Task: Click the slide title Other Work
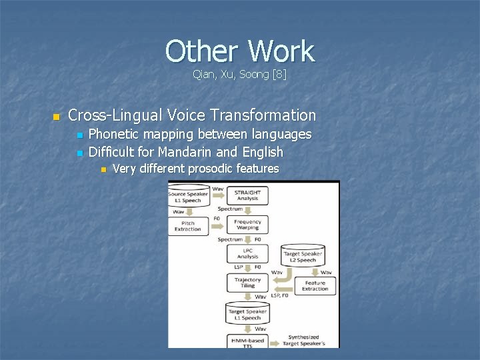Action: tap(239, 51)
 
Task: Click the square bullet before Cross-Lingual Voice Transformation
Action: tap(56, 117)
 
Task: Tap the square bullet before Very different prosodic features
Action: tap(102, 169)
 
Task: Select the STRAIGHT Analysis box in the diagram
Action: tap(247, 195)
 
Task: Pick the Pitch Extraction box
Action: tap(188, 225)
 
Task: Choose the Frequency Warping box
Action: tap(247, 225)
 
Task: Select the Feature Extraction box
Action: tap(315, 285)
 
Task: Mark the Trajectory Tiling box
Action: tap(247, 283)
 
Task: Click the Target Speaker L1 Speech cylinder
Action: tap(247, 313)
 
